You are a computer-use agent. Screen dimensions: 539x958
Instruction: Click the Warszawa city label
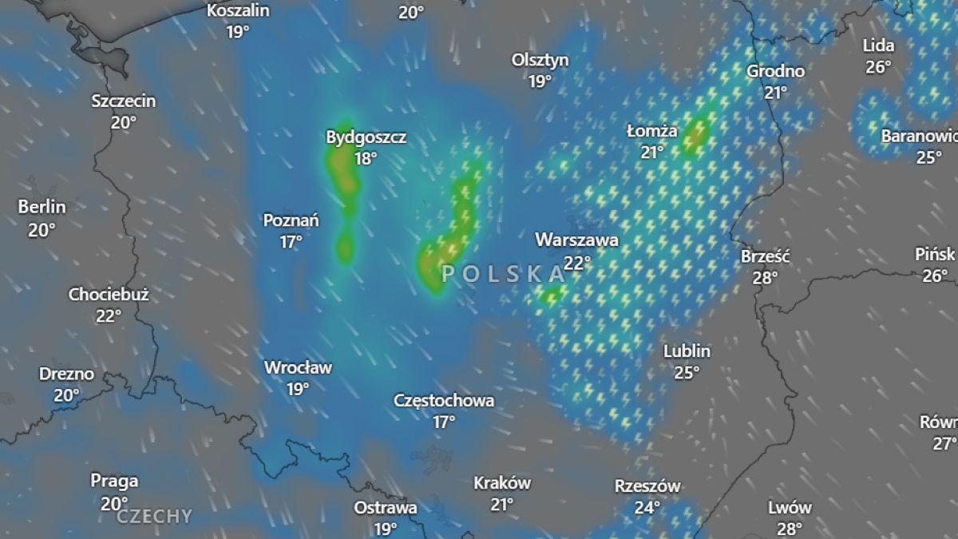[576, 240]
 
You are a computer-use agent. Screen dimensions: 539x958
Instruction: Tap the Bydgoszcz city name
[366, 137]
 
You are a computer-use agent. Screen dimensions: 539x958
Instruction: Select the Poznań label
[291, 220]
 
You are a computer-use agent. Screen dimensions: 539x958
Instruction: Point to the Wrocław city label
[298, 368]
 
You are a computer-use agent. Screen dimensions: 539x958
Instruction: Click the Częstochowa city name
[444, 401]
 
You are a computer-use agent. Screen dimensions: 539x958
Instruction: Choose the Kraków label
[502, 483]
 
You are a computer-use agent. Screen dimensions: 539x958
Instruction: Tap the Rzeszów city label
[647, 486]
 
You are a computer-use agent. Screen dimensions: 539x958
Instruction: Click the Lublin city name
[687, 351]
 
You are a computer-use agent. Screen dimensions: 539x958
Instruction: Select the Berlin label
[42, 208]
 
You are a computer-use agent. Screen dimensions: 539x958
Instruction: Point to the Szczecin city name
[124, 101]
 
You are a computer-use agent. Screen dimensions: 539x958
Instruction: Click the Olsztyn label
[540, 60]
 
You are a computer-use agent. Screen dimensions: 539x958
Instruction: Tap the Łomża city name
[652, 131]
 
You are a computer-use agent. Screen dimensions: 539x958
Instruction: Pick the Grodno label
[775, 71]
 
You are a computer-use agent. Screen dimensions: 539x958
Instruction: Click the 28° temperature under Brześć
[765, 278]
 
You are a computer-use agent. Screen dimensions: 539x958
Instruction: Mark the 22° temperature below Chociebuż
[109, 315]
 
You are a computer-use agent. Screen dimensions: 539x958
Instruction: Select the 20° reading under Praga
[114, 503]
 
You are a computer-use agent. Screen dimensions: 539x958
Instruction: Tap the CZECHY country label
[155, 517]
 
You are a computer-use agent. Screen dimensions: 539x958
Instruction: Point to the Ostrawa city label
[386, 508]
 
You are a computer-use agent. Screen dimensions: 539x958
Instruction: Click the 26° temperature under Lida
[878, 67]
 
